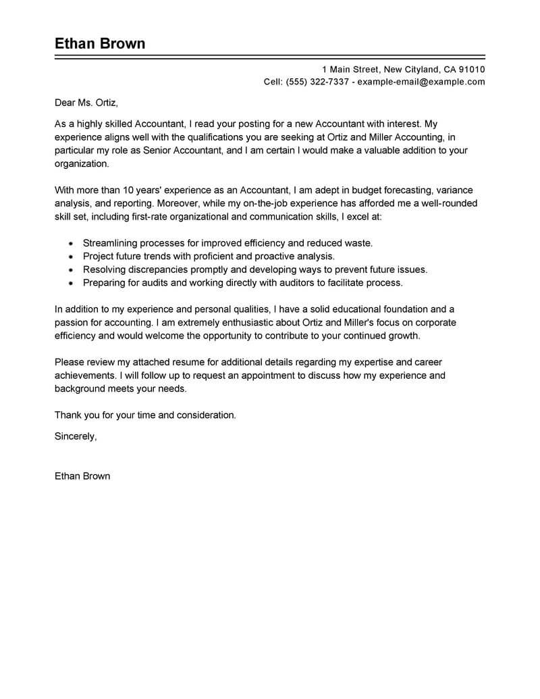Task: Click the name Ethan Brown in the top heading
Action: (x=99, y=44)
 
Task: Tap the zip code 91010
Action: (x=471, y=70)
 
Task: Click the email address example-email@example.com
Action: (x=421, y=82)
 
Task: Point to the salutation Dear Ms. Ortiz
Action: (x=86, y=103)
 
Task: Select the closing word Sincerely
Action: (x=75, y=436)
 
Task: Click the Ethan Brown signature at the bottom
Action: (x=82, y=476)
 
